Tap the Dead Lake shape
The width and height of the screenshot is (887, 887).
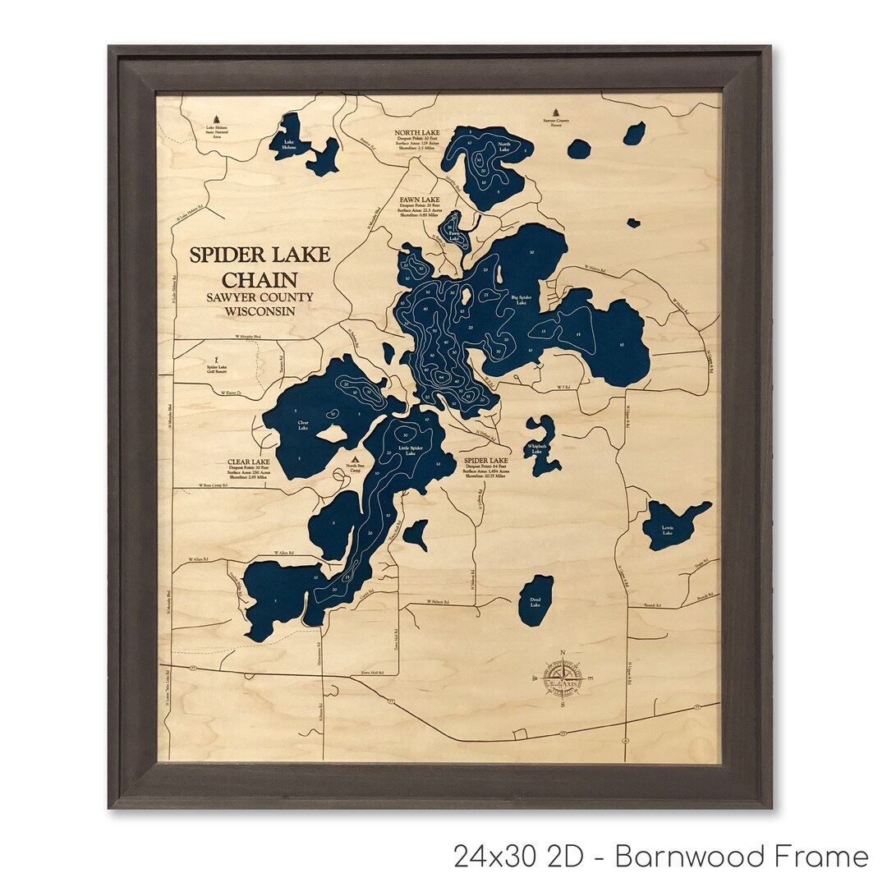[x=535, y=600]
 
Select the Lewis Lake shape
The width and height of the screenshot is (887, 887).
[x=669, y=525]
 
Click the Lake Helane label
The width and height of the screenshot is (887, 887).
[x=288, y=147]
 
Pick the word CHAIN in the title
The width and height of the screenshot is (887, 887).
[x=260, y=278]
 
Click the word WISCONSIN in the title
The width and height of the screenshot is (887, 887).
[x=260, y=311]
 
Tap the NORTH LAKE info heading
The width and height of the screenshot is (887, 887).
[x=416, y=132]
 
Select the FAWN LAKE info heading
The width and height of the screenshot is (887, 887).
[x=420, y=200]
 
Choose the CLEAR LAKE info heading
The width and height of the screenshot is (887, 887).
[x=249, y=462]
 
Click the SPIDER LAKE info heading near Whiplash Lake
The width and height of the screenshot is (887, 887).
[x=486, y=461]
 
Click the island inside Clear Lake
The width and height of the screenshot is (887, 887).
[x=332, y=433]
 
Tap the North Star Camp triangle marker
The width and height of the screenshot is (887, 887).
[x=355, y=460]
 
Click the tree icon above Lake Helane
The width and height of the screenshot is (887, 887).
[x=217, y=118]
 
